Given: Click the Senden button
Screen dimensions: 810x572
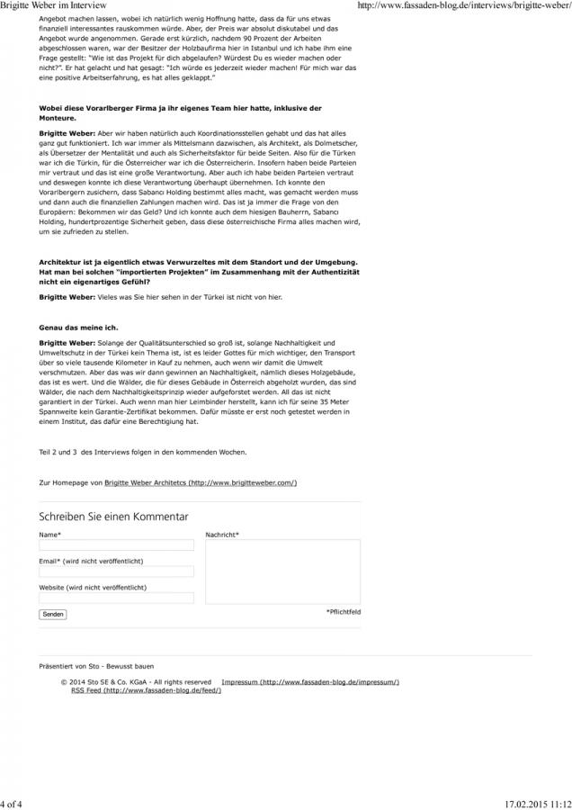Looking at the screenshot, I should pos(53,614).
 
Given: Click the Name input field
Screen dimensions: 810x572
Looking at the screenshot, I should pos(116,545).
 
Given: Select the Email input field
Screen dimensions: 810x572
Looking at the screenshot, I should pos(116,571).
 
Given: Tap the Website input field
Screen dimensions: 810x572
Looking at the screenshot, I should pos(116,598).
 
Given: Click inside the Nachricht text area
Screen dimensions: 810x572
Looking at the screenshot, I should pos(282,571).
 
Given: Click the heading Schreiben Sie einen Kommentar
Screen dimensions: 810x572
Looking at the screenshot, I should pos(113,517).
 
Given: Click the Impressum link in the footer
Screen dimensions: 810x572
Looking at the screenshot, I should pos(309,682).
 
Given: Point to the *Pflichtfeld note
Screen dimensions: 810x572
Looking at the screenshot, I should pos(343,611).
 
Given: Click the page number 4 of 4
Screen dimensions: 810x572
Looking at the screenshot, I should pos(13,803).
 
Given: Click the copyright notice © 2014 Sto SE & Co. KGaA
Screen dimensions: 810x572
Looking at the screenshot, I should pos(136,682).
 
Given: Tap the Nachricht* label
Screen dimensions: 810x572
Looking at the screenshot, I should pos(222,535).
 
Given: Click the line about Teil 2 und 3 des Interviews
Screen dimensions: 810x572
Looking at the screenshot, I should pos(142,451).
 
